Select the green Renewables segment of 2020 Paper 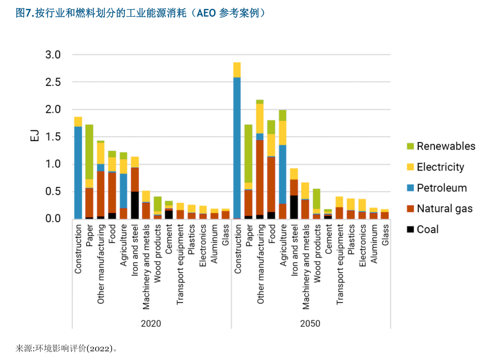[89, 152]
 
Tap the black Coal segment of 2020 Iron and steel [135, 205]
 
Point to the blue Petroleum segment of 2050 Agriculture [282, 174]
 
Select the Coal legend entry [427, 230]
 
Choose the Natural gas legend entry [445, 208]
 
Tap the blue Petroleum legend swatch [410, 188]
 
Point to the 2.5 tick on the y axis [53, 82]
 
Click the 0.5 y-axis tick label [53, 192]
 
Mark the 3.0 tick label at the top [53, 55]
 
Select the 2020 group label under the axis [151, 324]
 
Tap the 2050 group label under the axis [310, 324]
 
